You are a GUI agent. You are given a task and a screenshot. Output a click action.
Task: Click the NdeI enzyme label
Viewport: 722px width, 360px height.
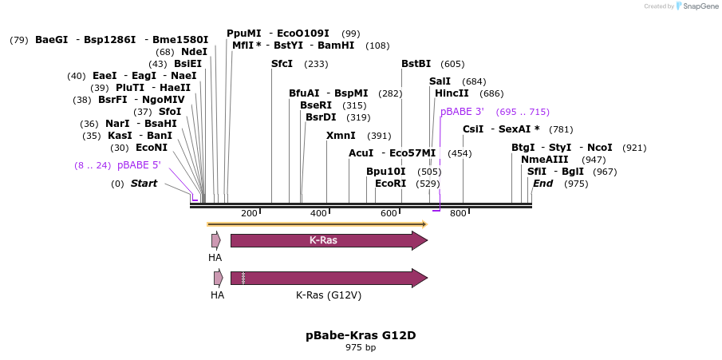pos(194,52)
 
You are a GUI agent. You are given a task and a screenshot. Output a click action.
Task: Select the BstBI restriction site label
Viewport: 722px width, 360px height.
pos(416,64)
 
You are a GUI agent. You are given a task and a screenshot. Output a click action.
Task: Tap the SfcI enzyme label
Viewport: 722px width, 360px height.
pos(282,64)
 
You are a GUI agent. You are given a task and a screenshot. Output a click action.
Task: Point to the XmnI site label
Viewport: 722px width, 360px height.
pos(341,136)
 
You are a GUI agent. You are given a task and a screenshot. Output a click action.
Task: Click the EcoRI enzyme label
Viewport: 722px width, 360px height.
pos(390,184)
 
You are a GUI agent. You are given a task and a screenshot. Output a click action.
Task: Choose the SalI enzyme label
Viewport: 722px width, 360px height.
pos(440,81)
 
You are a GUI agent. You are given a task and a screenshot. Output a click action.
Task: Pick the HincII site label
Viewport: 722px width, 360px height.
pos(452,93)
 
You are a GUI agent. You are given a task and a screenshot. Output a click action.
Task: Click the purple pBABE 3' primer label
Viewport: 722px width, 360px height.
pos(462,112)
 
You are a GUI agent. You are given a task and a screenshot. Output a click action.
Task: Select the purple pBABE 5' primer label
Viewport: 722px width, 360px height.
pos(139,165)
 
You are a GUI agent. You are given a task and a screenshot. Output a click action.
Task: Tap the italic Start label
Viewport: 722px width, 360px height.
pos(144,184)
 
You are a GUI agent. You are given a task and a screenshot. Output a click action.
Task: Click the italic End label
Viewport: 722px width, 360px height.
pos(542,184)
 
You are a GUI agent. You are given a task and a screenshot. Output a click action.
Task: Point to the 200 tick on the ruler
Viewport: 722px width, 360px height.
pos(249,213)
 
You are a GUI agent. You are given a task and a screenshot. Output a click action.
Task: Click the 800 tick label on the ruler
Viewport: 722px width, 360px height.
pos(458,213)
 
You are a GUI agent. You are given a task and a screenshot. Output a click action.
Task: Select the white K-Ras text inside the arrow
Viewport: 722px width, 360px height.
pos(323,240)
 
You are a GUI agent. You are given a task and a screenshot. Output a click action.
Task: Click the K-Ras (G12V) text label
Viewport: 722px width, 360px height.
pos(329,295)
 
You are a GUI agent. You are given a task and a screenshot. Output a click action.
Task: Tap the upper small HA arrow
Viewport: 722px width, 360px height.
pos(215,240)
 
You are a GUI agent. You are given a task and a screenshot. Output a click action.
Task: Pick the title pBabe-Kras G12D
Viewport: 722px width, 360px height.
pos(361,335)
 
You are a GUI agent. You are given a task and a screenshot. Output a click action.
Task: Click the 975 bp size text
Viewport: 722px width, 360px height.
pos(361,348)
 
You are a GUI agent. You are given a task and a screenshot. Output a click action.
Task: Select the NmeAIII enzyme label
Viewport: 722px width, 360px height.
pos(544,160)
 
